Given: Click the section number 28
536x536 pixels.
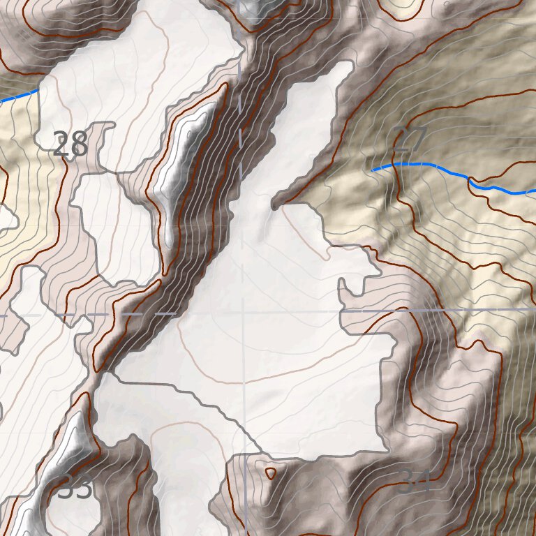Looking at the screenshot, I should pyautogui.click(x=70, y=144).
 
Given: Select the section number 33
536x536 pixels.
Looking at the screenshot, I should pyautogui.click(x=75, y=488).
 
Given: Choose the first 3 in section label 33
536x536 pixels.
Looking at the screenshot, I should pyautogui.click(x=66, y=488).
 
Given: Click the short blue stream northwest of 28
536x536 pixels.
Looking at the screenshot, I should pyautogui.click(x=20, y=96).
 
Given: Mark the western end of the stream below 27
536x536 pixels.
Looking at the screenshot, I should pyautogui.click(x=373, y=169).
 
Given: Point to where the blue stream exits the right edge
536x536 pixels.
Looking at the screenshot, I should pyautogui.click(x=534, y=191).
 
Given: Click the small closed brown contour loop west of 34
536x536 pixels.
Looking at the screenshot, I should pyautogui.click(x=271, y=473).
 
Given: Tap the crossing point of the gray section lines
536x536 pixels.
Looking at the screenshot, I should pyautogui.click(x=243, y=312).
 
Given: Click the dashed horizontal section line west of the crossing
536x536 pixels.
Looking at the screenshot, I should pyautogui.click(x=105, y=314).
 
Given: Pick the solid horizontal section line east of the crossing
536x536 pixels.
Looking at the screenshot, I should pyautogui.click(x=419, y=309).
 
